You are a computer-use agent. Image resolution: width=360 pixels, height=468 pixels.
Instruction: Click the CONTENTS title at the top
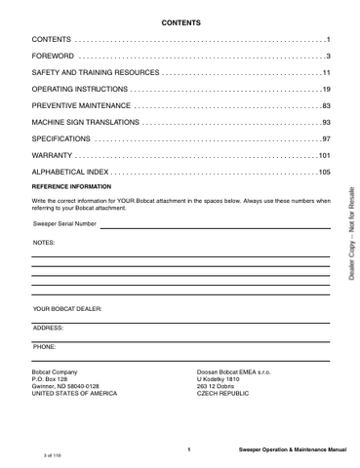180,20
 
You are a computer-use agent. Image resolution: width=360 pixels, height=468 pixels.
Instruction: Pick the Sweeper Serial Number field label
64,223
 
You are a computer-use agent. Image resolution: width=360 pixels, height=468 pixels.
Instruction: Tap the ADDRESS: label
48,328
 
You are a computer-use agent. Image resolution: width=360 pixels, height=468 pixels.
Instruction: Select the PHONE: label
45,346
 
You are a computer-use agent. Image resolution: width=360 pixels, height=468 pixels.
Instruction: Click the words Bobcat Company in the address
56,372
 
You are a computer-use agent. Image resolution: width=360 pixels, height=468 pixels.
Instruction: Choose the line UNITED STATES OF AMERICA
74,394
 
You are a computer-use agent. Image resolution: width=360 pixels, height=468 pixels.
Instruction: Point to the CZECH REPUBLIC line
222,394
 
